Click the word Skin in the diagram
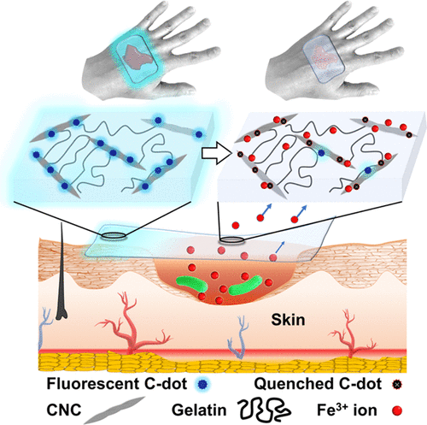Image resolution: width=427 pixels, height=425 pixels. point(288,320)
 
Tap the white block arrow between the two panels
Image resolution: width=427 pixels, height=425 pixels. point(216,154)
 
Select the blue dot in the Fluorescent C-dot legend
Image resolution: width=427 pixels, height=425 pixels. point(202,384)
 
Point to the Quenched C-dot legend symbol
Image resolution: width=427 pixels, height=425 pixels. point(396,384)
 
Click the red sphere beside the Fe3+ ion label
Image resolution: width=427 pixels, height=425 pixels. point(397,410)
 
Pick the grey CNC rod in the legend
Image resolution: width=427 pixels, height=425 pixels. point(114,410)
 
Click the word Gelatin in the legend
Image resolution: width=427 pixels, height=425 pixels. point(199,410)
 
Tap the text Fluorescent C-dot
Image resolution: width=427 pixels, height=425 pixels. point(117,384)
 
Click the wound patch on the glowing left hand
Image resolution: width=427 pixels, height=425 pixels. point(137,56)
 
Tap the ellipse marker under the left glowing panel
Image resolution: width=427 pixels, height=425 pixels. point(114,235)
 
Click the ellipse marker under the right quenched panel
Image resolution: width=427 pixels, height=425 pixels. point(231,240)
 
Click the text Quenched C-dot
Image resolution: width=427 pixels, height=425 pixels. point(318,384)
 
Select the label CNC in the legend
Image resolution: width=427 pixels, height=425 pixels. point(64,410)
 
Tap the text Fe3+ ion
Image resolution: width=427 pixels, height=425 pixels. point(347,410)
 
